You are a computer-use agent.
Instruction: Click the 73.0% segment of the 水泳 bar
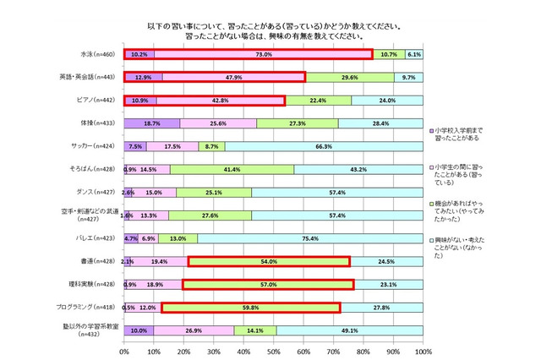pyautogui.click(x=263, y=55)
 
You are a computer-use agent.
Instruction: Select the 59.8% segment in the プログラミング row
pyautogui.click(x=251, y=308)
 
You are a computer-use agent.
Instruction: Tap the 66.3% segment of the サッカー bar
pyautogui.click(x=324, y=146)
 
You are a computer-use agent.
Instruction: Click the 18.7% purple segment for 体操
pyautogui.click(x=152, y=123)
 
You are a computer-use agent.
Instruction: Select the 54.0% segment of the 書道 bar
pyautogui.click(x=269, y=262)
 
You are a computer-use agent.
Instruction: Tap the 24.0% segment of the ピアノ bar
pyautogui.click(x=386, y=101)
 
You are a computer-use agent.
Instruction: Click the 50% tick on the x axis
pyautogui.click(x=273, y=350)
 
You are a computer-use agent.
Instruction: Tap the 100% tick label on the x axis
pyautogui.click(x=421, y=350)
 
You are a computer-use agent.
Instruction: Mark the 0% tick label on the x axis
pyautogui.click(x=124, y=350)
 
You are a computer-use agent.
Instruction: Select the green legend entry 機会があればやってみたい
pyautogui.click(x=462, y=210)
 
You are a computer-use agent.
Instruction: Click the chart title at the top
pyautogui.click(x=272, y=31)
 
